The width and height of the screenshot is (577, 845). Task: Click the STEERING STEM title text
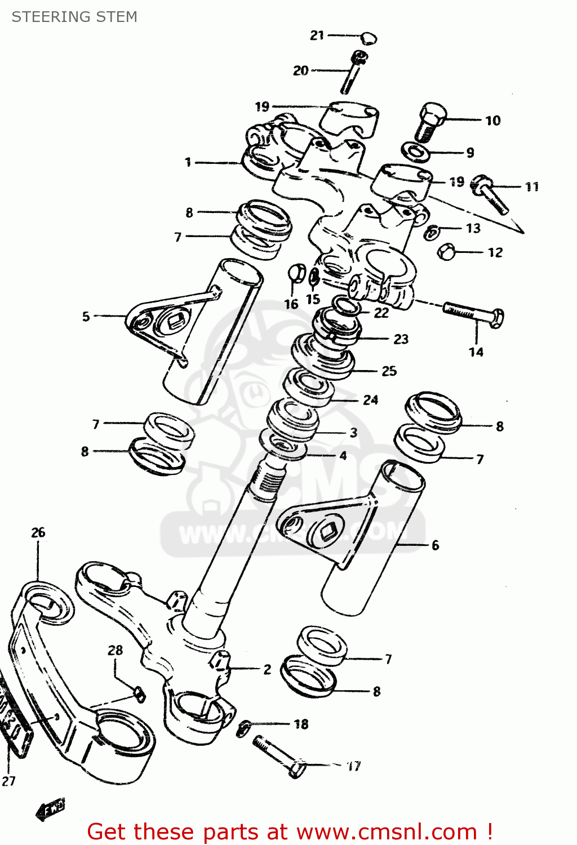[74, 17]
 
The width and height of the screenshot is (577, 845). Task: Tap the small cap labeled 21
[369, 38]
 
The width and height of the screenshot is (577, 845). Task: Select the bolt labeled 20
[353, 72]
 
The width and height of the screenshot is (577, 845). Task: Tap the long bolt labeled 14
[473, 314]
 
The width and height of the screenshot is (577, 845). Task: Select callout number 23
[401, 339]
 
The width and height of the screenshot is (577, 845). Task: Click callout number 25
[389, 371]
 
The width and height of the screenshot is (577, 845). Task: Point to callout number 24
[370, 400]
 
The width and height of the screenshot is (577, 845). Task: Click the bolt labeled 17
[278, 757]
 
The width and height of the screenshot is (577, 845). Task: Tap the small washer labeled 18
[243, 727]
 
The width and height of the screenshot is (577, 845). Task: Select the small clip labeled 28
[139, 694]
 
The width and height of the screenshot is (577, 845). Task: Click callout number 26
[38, 532]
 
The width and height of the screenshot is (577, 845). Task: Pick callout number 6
[435, 545]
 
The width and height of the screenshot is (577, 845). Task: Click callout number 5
[86, 317]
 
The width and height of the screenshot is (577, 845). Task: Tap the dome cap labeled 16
[296, 273]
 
